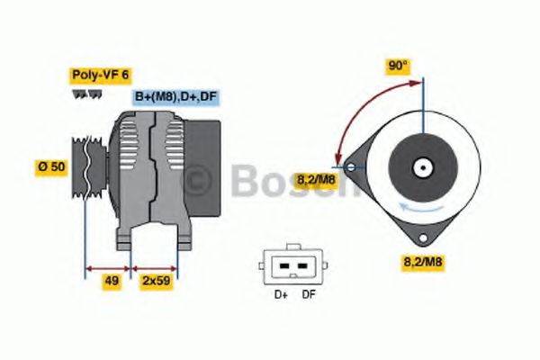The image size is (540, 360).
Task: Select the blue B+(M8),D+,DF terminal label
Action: tap(177, 96)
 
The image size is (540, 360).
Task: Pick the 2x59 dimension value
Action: tap(155, 281)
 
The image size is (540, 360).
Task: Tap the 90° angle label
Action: tap(397, 67)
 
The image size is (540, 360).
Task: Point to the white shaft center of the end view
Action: tap(420, 167)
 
